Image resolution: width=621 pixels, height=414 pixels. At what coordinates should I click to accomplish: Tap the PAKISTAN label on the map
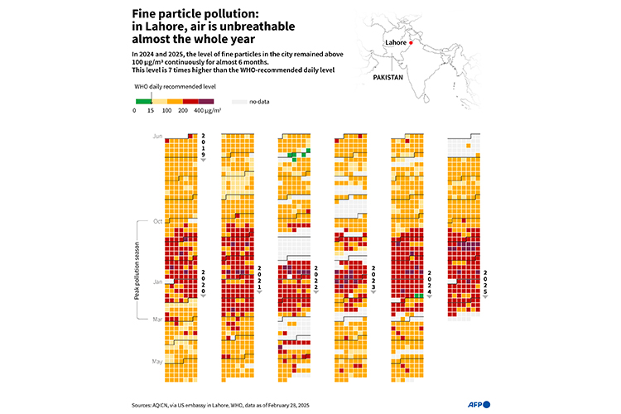click(387, 76)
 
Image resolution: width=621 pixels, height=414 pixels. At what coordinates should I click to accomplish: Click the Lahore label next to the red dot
click(395, 42)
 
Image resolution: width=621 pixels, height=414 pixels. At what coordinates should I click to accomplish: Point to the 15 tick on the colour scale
click(150, 109)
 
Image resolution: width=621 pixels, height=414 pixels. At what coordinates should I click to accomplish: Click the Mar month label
click(157, 319)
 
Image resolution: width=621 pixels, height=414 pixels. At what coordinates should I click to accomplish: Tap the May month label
click(157, 361)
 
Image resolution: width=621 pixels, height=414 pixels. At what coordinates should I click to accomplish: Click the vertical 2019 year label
click(203, 145)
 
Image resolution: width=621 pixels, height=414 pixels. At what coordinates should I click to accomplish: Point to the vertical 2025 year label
click(486, 282)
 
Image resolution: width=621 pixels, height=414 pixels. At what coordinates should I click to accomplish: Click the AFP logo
click(479, 403)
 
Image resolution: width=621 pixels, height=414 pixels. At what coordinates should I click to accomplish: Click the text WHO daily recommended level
click(165, 86)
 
